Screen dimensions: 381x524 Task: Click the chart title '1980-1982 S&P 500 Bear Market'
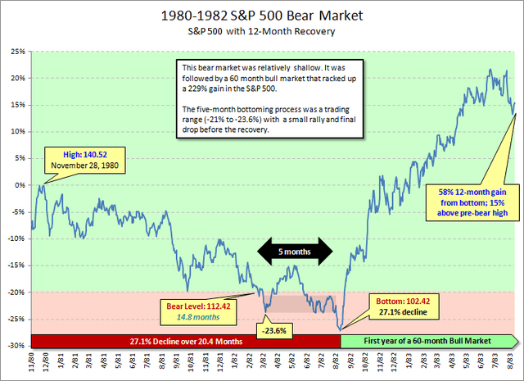[262, 16]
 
